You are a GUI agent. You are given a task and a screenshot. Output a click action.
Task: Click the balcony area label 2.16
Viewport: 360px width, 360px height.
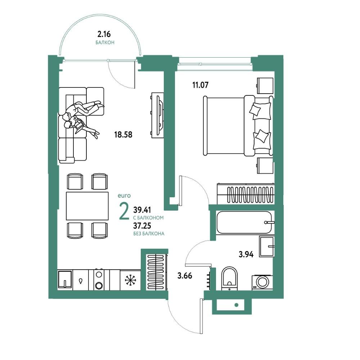pyautogui.click(x=104, y=34)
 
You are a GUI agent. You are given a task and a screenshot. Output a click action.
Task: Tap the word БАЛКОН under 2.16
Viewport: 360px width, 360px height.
pyautogui.click(x=105, y=43)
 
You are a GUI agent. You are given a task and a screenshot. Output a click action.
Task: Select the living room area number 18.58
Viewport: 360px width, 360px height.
pyautogui.click(x=123, y=135)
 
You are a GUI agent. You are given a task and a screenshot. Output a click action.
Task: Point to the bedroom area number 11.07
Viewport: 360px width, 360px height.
pyautogui.click(x=200, y=85)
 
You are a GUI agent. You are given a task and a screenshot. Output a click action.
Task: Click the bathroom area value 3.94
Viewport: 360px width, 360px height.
pyautogui.click(x=246, y=255)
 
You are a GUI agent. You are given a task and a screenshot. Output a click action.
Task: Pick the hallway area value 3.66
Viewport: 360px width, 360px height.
pyautogui.click(x=185, y=275)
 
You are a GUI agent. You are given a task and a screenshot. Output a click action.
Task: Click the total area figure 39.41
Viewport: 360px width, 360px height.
pyautogui.click(x=142, y=210)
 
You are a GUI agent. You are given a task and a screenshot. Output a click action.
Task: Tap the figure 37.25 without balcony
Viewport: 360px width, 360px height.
pyautogui.click(x=142, y=226)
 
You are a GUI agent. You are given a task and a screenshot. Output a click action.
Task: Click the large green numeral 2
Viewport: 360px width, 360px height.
pyautogui.click(x=124, y=211)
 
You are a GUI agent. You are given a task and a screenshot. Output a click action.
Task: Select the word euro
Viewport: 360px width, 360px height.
pyautogui.click(x=124, y=196)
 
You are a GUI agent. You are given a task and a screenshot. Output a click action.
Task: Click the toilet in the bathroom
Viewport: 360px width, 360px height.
pyautogui.click(x=230, y=278)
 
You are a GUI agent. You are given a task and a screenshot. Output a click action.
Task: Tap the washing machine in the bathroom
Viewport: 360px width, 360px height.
pyautogui.click(x=262, y=282)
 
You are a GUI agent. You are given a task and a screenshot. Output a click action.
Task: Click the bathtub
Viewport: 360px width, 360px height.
pyautogui.click(x=244, y=222)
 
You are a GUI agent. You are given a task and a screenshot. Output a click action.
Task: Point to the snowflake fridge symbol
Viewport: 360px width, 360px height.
pyautogui.click(x=130, y=280)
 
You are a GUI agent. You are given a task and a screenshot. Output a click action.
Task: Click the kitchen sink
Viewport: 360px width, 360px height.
pyautogui.click(x=65, y=279)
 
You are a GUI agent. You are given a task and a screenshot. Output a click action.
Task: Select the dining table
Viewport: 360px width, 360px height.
pyautogui.click(x=87, y=206)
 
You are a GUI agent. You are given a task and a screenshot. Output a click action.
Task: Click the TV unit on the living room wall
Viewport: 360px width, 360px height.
pyautogui.click(x=158, y=115)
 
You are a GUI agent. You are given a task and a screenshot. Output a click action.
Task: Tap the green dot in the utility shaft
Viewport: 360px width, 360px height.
pyautogui.click(x=237, y=305)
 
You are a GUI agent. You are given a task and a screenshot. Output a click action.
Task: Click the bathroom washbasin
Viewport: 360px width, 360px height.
pyautogui.click(x=267, y=247)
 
